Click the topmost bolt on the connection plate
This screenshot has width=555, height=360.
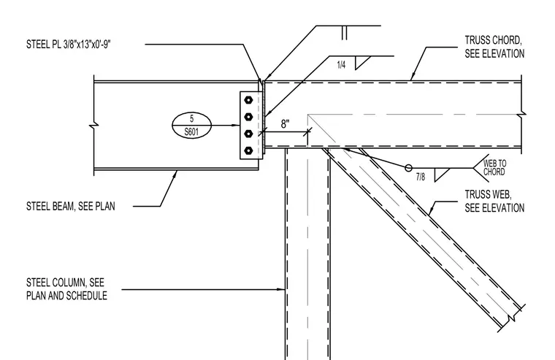(248, 100)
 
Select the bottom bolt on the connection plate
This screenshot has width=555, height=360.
(248, 150)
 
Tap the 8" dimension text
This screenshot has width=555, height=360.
(286, 124)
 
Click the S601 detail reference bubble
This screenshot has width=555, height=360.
(192, 126)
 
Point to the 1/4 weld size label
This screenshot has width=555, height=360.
(341, 65)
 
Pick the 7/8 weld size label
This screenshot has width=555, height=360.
(421, 177)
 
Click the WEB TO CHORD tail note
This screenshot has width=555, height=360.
(494, 168)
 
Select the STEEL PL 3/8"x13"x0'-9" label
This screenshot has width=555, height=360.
(69, 45)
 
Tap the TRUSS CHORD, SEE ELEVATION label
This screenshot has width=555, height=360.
(494, 47)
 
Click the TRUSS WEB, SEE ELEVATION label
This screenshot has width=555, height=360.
(494, 201)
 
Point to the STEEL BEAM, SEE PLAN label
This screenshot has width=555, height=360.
(70, 207)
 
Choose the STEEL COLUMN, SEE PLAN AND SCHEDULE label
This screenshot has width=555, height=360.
(66, 289)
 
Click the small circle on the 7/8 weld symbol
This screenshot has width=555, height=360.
(408, 168)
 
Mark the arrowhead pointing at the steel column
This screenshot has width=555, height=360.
(281, 290)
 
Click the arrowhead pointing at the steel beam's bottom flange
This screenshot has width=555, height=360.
(175, 175)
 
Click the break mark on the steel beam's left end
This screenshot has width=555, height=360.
(93, 126)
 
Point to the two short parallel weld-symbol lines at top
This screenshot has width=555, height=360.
(345, 33)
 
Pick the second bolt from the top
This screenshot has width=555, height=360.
(248, 117)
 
